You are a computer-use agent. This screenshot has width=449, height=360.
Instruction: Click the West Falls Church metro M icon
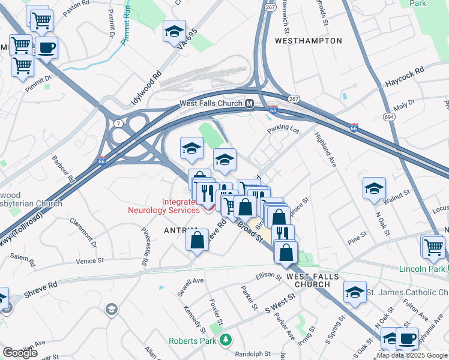pyautogui.click(x=249, y=104)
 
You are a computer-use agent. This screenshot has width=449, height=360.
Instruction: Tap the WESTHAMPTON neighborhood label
pyautogui.click(x=308, y=41)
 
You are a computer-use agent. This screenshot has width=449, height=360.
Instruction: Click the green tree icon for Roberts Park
pyautogui.click(x=225, y=340)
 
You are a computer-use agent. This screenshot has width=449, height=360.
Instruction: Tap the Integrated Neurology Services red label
pyautogui.click(x=164, y=206)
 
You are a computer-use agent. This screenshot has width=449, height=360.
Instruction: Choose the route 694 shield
pyautogui.click(x=390, y=118)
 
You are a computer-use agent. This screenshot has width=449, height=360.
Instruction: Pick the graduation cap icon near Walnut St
pyautogui.click(x=374, y=188)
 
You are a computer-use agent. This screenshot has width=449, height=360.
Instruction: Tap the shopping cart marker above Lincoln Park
pyautogui.click(x=433, y=246)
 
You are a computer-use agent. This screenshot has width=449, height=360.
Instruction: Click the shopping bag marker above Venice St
pyautogui.click(x=197, y=241)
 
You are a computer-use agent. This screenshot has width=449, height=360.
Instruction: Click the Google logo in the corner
pyautogui.click(x=20, y=353)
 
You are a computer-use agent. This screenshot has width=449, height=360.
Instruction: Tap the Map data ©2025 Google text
pyautogui.click(x=412, y=355)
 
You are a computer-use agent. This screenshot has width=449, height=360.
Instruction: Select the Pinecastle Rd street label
pyautogui.click(x=145, y=247)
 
